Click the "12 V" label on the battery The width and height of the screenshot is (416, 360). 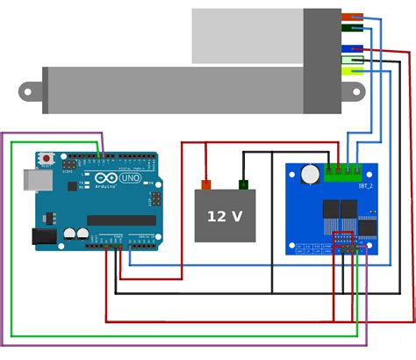(x=225, y=216)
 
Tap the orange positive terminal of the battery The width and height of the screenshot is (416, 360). (x=206, y=184)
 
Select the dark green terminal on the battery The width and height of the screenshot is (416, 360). (x=242, y=184)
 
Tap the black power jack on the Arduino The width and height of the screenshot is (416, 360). (x=44, y=235)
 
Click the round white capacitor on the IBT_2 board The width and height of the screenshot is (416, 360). (x=308, y=176)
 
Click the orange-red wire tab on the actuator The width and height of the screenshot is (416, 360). (x=352, y=17)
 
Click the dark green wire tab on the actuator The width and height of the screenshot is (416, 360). (x=352, y=28)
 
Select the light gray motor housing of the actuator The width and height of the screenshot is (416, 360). (x=247, y=36)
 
